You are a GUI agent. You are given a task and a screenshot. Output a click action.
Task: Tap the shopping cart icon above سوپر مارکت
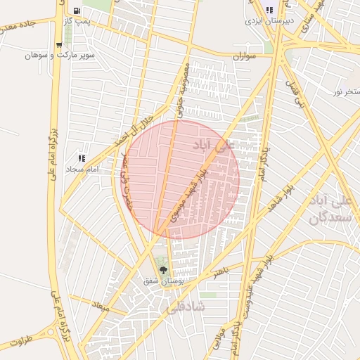click(59, 45)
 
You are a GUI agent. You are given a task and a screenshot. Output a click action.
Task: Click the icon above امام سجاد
click(82, 159)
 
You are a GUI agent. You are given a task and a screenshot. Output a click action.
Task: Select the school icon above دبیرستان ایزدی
click(269, 11)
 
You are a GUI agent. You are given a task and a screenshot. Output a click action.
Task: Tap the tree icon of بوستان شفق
click(164, 270)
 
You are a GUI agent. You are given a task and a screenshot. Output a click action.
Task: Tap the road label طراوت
click(21, 341)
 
